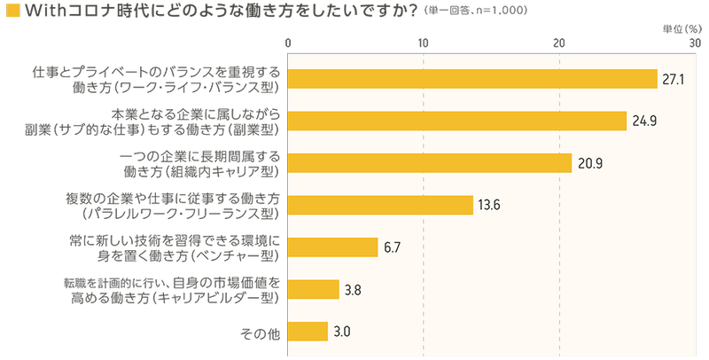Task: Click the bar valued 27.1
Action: click(472, 78)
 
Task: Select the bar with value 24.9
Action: click(457, 121)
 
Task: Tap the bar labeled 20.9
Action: click(430, 163)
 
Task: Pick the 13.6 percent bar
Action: click(381, 205)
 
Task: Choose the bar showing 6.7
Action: click(334, 247)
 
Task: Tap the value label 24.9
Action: click(643, 121)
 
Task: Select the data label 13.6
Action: click(489, 206)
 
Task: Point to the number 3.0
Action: click(343, 333)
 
